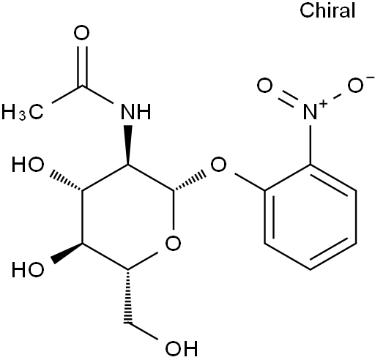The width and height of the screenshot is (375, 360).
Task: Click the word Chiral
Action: point(327,11)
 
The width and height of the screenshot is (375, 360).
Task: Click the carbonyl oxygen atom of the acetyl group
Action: point(81,34)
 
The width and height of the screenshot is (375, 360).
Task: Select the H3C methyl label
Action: point(23,112)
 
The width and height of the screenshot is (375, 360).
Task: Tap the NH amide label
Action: point(136,112)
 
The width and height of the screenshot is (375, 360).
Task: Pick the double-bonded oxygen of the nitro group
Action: point(264,86)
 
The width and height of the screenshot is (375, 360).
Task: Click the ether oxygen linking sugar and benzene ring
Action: point(218,165)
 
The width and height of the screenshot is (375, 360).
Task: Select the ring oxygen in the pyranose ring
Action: point(173,243)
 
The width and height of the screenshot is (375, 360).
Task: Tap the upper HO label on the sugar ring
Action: point(28,165)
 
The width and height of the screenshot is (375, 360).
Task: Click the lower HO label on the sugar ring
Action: point(28,270)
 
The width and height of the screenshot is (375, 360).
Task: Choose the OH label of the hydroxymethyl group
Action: point(182,348)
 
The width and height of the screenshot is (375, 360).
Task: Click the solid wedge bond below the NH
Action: point(127,145)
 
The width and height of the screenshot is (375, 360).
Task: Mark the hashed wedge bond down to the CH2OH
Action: point(127,296)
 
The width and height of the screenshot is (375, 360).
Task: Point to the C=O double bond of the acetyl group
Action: point(82,66)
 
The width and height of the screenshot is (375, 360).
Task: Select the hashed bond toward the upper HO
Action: point(66,182)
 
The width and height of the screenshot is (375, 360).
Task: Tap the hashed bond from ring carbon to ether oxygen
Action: point(190,182)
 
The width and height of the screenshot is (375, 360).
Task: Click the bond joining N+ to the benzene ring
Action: point(311,145)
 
